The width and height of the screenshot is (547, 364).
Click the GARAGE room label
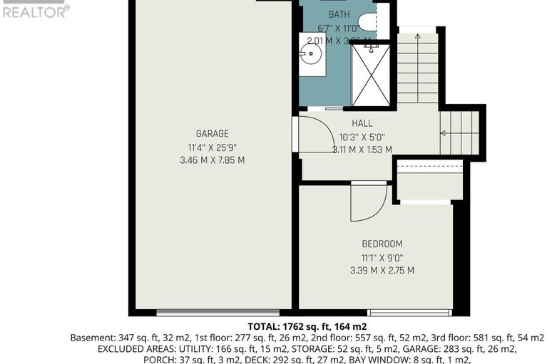coord(212,133)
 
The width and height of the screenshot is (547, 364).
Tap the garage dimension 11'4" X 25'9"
coord(212,147)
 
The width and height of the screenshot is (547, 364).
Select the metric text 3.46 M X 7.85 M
coord(212,160)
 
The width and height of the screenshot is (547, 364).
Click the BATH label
coord(339,15)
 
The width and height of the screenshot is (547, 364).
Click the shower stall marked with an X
coord(371,75)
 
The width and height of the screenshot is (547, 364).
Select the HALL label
coord(362,123)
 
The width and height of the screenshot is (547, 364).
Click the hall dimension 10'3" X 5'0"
coord(362,137)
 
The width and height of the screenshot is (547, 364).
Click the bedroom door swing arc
coord(370,202)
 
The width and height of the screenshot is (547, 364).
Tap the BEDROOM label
coord(382,244)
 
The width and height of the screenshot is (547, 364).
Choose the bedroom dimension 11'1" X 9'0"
coord(382,257)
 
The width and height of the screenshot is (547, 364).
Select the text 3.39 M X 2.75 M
coord(382,271)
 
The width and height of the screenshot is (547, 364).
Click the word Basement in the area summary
coord(89,338)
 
